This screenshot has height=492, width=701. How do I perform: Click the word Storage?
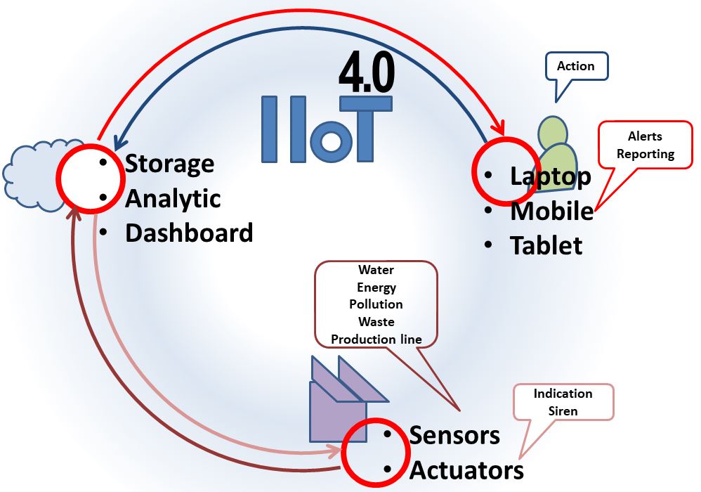coord(169,164)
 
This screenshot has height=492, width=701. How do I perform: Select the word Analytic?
coord(173,199)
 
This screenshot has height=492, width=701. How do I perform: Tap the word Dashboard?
coord(189,233)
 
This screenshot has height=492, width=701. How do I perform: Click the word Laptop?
coord(551,176)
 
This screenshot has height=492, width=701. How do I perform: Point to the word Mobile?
coord(551,211)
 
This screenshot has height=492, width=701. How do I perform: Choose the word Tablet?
coord(546,245)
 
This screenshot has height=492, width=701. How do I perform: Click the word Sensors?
coord(454,435)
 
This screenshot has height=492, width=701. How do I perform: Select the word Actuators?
coord(466,470)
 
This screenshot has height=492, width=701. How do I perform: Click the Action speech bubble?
coord(575,66)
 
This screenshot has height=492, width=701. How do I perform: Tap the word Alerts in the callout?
coord(645,136)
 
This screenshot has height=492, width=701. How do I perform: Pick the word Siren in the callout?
coord(563,410)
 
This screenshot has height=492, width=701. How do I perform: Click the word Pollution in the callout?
coord(376,304)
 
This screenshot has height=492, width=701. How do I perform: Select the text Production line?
coord(376,339)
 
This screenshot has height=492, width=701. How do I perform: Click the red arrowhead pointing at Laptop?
coord(499,128)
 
